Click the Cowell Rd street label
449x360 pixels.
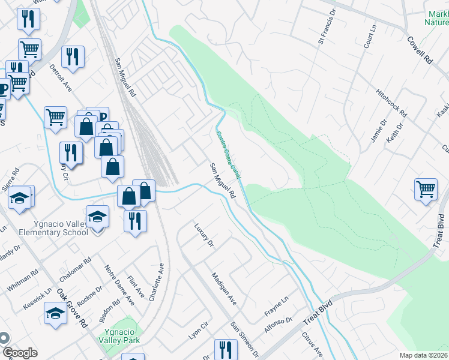coord(420,51)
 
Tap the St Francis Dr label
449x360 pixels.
coord(324,31)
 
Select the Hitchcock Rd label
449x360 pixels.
coord(391,104)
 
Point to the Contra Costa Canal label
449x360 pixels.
coord(228,155)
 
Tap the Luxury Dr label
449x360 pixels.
coord(204,235)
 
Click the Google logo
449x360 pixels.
coord(19,353)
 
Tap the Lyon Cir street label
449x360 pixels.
coord(198,330)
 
